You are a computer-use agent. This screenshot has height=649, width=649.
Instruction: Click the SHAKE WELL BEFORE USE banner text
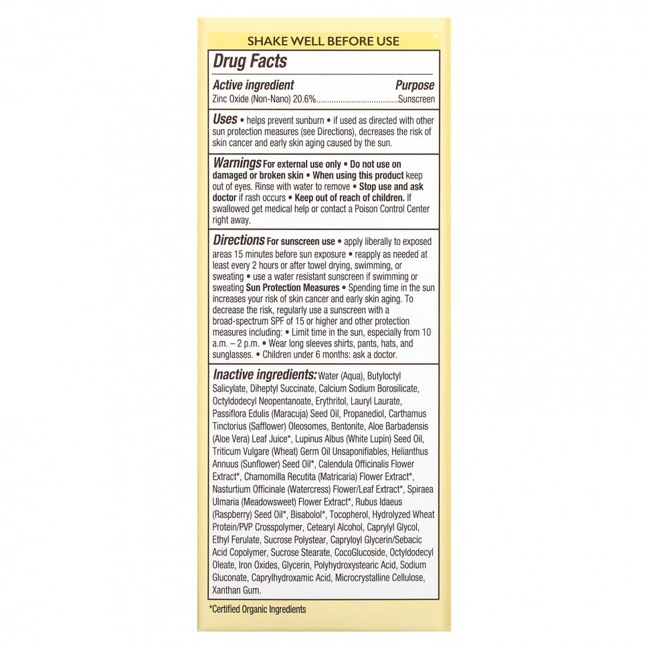click(x=323, y=41)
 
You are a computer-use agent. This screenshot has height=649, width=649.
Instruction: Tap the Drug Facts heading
click(x=250, y=62)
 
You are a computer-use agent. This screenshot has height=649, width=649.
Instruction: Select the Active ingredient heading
click(x=253, y=86)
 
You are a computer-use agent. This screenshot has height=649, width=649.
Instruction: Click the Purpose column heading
click(x=414, y=86)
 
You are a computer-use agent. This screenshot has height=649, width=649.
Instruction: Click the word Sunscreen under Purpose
click(x=416, y=99)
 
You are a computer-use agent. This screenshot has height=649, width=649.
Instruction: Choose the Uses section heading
click(x=225, y=119)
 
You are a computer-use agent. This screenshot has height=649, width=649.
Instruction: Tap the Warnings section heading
click(x=236, y=163)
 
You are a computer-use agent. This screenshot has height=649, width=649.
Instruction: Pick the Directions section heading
click(x=238, y=240)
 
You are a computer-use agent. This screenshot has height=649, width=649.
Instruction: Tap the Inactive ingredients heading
click(x=264, y=375)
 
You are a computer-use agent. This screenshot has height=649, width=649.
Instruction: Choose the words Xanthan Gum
click(x=236, y=590)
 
